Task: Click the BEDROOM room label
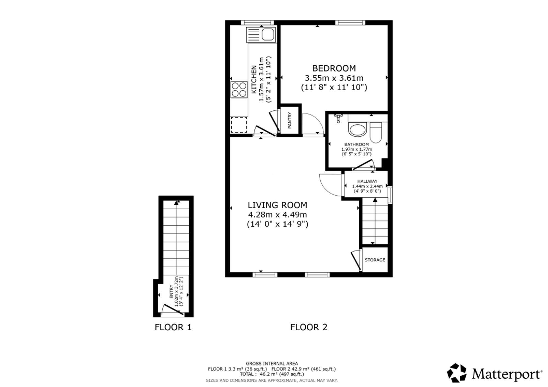(334, 68)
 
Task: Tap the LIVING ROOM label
(278, 205)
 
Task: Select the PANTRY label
(290, 120)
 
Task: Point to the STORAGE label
(375, 260)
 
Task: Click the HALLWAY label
(367, 181)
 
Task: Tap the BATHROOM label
(356, 144)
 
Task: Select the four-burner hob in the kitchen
(239, 90)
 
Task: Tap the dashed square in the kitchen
(239, 125)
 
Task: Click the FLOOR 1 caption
(173, 327)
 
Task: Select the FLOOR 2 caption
(309, 327)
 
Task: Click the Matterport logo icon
(457, 373)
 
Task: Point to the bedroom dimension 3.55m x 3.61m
(334, 78)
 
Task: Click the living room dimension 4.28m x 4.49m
(278, 215)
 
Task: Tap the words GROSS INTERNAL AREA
(272, 364)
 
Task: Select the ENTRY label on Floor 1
(172, 292)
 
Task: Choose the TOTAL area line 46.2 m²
(272, 374)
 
